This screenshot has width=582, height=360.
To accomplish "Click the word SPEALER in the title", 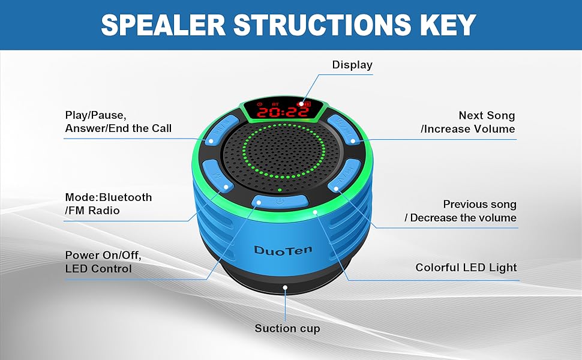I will [161, 25].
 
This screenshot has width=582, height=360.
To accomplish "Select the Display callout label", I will [352, 65].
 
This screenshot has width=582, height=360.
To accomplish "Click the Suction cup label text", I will [287, 328].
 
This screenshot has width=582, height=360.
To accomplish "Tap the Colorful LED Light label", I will [466, 268].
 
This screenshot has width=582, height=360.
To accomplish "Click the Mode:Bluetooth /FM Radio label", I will [109, 203].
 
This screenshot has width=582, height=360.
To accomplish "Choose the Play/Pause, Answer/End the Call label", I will [118, 121].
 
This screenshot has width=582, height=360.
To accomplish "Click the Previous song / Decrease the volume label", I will [461, 211].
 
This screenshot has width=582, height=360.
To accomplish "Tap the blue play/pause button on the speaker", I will [216, 133].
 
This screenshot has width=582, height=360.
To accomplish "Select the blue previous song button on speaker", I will [346, 176].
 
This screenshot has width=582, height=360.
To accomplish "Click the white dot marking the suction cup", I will [286, 288].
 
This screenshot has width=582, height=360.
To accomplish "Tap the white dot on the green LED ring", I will [314, 212].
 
